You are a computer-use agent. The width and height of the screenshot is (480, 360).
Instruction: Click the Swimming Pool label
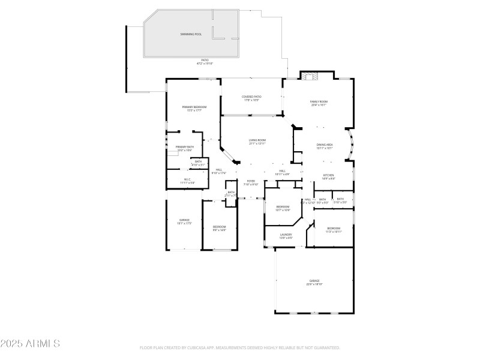click(x=191, y=34)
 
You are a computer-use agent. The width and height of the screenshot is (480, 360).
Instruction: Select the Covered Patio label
click(x=251, y=97)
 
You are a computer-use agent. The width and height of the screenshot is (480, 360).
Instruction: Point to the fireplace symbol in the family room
click(x=310, y=77)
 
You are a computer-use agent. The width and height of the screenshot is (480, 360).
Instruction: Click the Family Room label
click(x=319, y=102)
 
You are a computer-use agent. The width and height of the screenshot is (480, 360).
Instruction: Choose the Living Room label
click(x=258, y=140)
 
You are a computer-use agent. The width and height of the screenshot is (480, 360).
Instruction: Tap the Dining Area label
click(x=325, y=145)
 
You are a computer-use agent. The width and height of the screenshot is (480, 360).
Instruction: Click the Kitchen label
click(x=328, y=175)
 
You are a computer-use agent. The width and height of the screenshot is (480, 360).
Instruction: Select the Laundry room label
click(x=286, y=235)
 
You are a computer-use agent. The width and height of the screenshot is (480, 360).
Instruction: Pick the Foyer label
click(x=251, y=181)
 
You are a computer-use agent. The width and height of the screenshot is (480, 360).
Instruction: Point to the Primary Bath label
click(x=185, y=147)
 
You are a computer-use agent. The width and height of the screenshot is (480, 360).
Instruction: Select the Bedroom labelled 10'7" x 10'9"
click(x=283, y=206)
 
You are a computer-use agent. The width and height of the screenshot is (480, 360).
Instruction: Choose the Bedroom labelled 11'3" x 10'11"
click(x=334, y=228)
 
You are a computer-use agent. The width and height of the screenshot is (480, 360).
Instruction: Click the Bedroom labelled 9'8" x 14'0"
click(x=219, y=226)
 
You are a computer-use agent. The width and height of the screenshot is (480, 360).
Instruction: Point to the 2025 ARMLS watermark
click(x=30, y=344)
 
